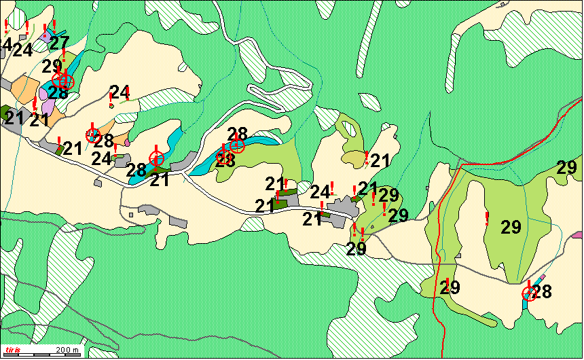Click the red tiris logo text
pyautogui.click(x=14, y=350)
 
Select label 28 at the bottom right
pyautogui.click(x=542, y=292)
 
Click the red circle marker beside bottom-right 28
pyautogui.click(x=528, y=293)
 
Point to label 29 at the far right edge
pyautogui.click(x=567, y=167)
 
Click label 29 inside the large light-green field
pyautogui.click(x=511, y=228)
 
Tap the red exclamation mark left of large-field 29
pyautogui.click(x=487, y=218)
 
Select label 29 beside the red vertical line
pyautogui.click(x=450, y=287)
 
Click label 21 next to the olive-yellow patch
pyautogui.click(x=381, y=161)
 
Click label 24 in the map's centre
pyautogui.click(x=320, y=193)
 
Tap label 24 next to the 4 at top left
pyautogui.click(x=22, y=50)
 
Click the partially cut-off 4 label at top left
pyautogui.click(x=7, y=46)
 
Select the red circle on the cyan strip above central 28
pyautogui.click(x=237, y=145)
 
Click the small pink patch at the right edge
pyautogui.click(x=578, y=234)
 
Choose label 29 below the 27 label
pyautogui.click(x=52, y=67)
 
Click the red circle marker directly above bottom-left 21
pyautogui.click(x=156, y=159)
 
